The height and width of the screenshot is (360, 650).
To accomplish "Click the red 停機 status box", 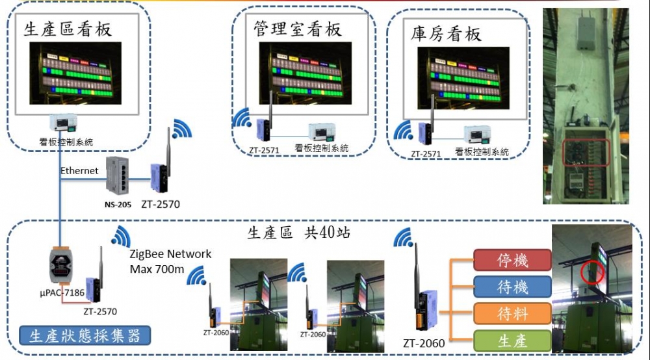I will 513,260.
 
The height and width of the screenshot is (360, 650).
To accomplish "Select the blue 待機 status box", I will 513,287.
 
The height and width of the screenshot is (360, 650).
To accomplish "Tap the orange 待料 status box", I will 513,314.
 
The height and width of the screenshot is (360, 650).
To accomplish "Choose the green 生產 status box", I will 513,341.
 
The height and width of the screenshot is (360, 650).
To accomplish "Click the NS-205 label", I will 118,205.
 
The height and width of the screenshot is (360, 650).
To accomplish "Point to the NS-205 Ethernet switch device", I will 118,175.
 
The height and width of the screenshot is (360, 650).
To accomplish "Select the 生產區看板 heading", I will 68,29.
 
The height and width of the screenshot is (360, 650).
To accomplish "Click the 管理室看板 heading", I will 298,29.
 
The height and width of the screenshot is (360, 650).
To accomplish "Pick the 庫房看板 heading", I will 447,34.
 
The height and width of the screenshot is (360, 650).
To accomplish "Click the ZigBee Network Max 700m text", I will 170,261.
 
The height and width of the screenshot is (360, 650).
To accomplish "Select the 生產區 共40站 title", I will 300,232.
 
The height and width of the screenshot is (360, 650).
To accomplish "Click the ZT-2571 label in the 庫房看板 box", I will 426,154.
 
